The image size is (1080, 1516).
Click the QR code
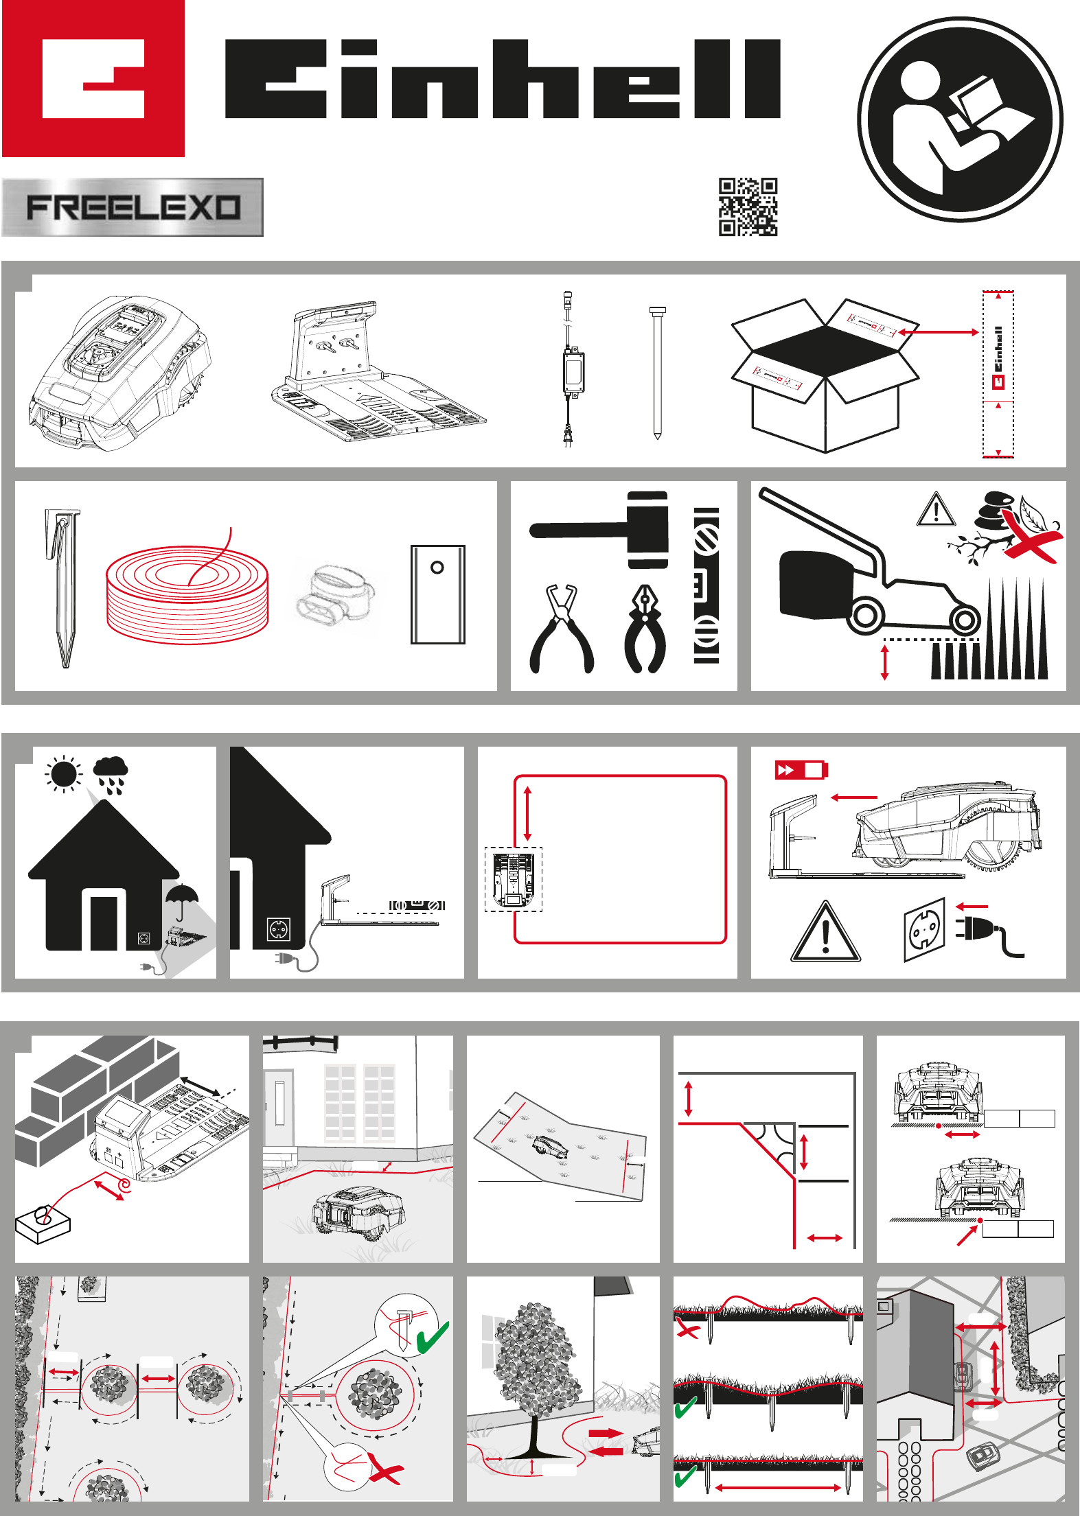[748, 207]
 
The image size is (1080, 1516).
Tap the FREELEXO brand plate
[133, 207]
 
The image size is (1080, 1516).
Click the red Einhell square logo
[93, 78]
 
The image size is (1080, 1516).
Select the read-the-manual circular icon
[960, 119]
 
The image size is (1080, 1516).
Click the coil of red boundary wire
[187, 591]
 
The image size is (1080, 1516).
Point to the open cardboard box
[825, 375]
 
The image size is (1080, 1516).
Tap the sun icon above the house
[64, 774]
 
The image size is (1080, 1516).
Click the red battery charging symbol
[801, 770]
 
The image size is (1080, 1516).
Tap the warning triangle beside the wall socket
[825, 931]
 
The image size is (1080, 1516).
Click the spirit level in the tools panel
[706, 586]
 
